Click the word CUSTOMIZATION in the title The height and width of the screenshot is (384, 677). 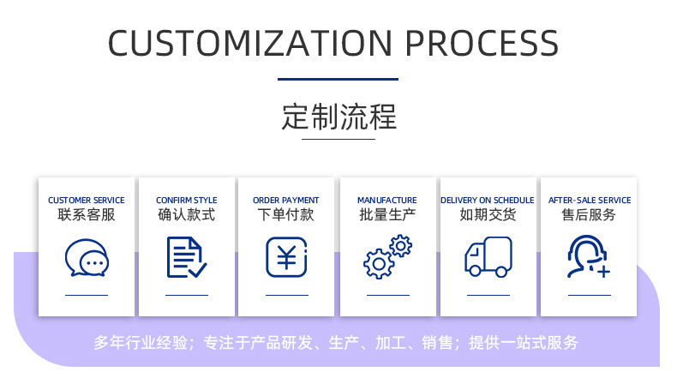250,43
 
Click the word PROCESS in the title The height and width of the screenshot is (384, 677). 482,43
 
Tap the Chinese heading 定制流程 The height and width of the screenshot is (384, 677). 338,117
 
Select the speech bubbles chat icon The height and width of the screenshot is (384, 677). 87,257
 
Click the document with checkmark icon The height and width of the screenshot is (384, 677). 186,257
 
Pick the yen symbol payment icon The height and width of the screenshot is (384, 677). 286,257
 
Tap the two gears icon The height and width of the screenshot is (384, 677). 387,257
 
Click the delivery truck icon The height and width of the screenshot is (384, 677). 488,257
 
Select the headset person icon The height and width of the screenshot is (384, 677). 588,257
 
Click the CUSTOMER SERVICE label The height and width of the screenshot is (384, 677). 87,201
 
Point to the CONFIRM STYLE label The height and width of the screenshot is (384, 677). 187,201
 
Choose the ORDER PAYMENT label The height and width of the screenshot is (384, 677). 286,201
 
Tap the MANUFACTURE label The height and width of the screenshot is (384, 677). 387,201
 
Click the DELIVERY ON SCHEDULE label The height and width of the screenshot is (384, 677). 488,201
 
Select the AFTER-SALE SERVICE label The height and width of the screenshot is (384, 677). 590,201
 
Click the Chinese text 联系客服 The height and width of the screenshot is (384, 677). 87,215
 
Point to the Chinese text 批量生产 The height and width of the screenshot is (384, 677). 387,215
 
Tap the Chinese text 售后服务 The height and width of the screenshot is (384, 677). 589,215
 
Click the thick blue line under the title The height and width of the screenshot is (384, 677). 338,79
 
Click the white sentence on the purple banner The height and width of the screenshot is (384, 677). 336,343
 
